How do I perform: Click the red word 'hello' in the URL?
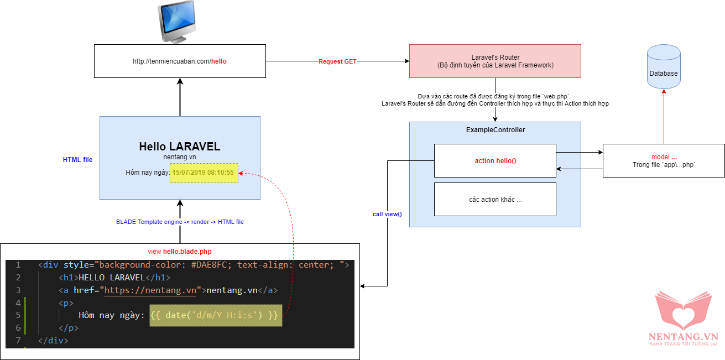point(219,61)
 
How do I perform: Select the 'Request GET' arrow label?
point(337,61)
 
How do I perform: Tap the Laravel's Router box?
point(495,61)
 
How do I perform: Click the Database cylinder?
point(664,69)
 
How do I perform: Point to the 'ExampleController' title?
point(495,130)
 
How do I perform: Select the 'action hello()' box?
point(495,161)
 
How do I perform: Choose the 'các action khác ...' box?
point(495,199)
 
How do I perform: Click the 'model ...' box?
point(664,160)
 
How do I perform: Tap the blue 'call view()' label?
point(387,214)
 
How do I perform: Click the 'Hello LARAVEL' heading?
point(180,147)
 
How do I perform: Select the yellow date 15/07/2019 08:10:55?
point(204,173)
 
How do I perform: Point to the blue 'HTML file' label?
point(77,160)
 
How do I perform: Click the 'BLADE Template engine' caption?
point(180,222)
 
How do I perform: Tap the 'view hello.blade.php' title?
point(180,252)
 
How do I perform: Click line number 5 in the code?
point(18,315)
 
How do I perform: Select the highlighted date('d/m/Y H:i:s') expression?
point(216,315)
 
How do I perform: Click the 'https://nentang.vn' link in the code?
point(150,290)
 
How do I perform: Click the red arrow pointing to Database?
point(664,116)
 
